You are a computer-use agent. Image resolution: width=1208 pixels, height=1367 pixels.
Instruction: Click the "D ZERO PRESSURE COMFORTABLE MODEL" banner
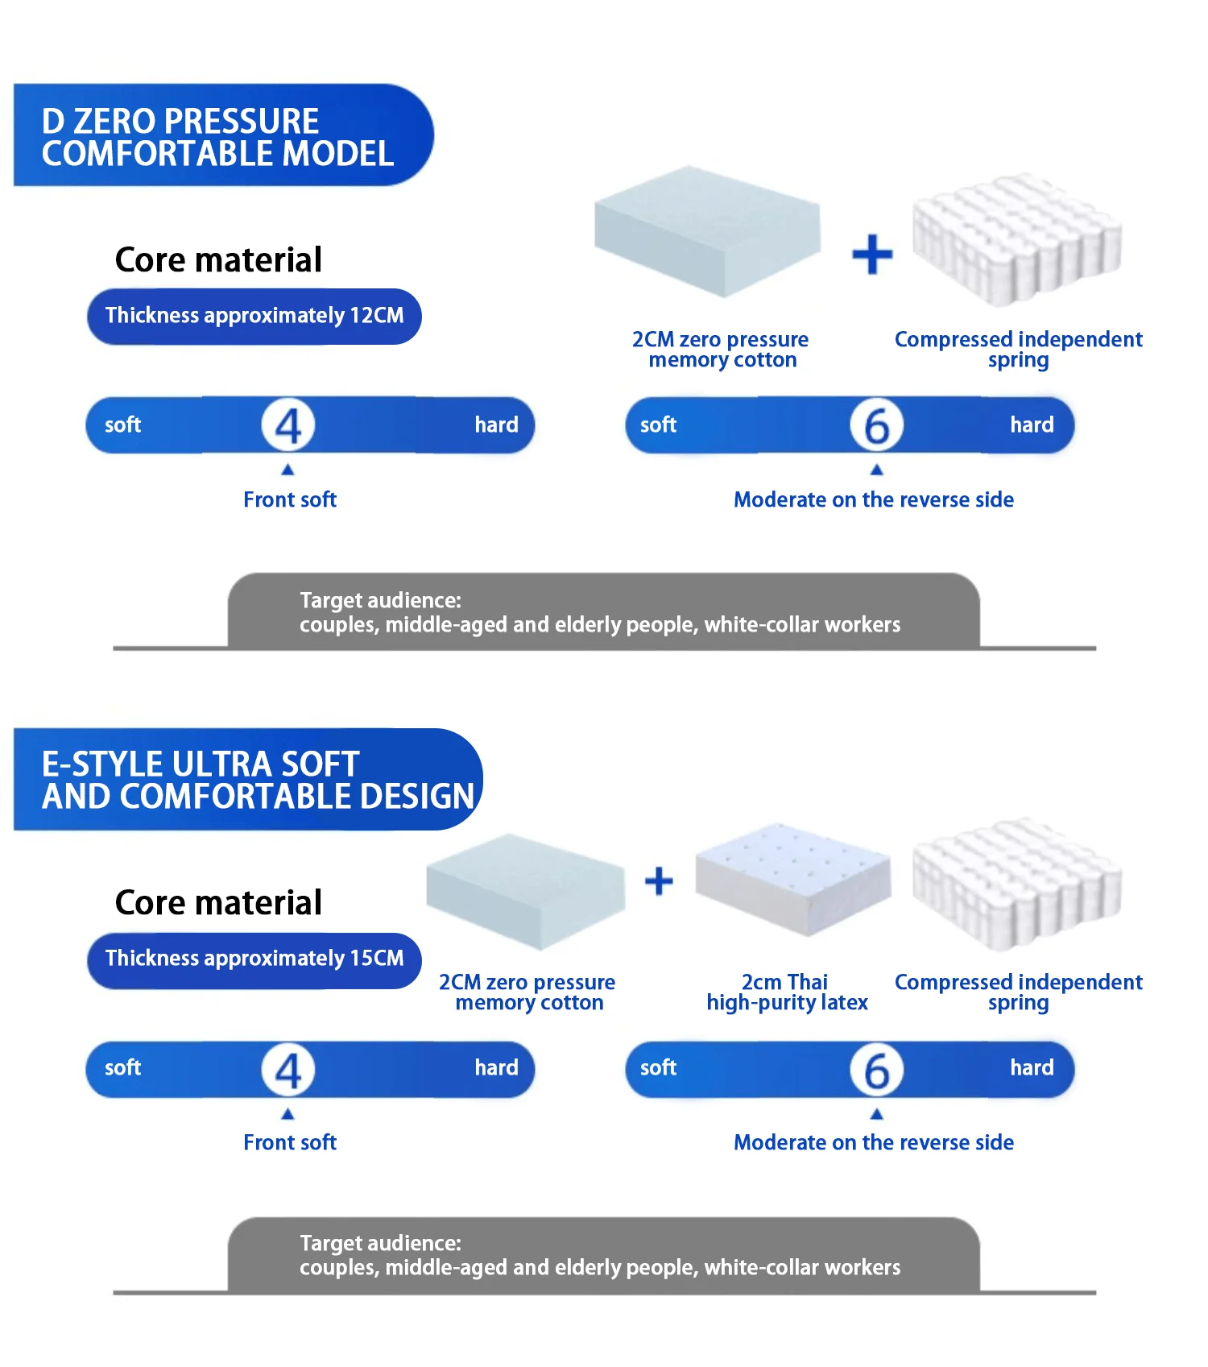(217, 135)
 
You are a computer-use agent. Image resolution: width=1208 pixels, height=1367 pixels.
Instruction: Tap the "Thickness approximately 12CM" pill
(254, 316)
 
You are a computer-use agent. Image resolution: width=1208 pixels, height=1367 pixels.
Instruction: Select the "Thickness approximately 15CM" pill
(254, 959)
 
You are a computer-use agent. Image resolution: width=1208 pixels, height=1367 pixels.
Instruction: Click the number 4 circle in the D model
(288, 425)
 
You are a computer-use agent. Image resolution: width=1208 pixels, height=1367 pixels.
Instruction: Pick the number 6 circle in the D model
(876, 425)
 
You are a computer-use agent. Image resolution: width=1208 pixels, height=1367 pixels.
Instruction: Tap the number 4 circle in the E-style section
(288, 1070)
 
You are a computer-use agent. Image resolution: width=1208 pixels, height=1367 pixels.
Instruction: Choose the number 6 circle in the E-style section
(876, 1070)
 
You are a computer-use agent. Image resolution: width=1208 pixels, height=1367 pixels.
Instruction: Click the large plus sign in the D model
(872, 255)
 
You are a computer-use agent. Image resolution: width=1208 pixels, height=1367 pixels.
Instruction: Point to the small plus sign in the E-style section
(659, 881)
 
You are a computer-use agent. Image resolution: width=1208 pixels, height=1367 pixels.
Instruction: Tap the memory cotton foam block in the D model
(706, 230)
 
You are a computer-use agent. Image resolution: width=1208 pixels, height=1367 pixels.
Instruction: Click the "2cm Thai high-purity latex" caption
(787, 992)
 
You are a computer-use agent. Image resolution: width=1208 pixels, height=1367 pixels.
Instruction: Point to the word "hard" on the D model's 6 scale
(1032, 425)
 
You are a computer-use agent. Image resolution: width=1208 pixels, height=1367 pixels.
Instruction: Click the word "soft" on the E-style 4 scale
(122, 1068)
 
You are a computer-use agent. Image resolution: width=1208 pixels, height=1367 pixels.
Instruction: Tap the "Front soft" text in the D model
(290, 499)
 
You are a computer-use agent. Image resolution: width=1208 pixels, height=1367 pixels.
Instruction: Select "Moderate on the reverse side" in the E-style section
(873, 1142)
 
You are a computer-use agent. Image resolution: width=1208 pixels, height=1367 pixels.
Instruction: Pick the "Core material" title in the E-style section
(218, 902)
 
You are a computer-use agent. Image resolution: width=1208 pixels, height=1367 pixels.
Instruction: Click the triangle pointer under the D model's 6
(876, 470)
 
